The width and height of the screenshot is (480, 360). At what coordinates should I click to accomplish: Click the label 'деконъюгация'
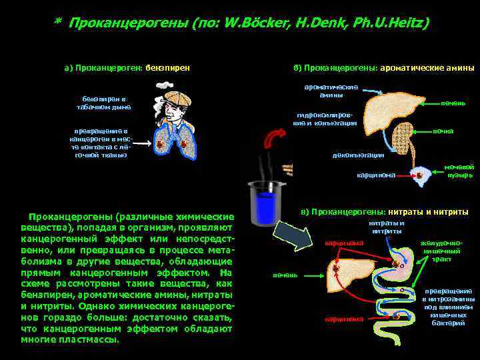pos(358,155)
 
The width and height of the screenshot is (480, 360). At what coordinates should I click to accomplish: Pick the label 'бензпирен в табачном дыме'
pos(103,103)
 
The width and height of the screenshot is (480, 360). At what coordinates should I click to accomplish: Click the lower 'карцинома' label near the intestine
pos(345,319)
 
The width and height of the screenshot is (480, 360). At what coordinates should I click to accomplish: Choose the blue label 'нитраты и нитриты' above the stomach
pos(387,227)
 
